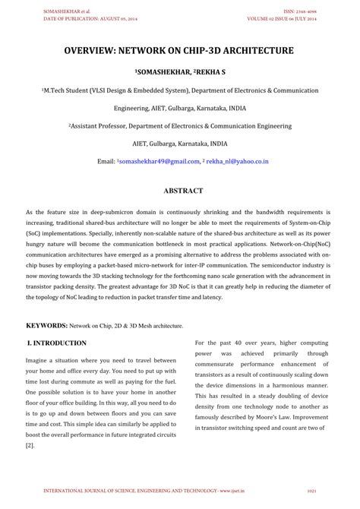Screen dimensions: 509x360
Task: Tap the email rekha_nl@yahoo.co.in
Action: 237,161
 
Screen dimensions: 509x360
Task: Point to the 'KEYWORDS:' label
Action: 47,324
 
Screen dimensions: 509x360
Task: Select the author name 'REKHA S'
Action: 210,71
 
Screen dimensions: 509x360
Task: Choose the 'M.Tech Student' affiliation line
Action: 179,90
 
